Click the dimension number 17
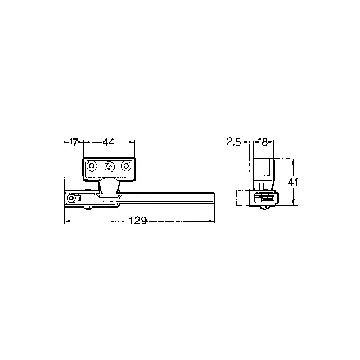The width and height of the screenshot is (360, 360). point(74,142)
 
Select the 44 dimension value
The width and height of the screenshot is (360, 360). point(109,142)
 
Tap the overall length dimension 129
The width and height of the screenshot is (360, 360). point(137,220)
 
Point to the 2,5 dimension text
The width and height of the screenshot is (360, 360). point(233,142)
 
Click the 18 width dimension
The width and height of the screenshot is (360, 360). point(263,142)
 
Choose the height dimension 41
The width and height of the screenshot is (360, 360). point(292,182)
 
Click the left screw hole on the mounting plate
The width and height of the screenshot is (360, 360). point(92,166)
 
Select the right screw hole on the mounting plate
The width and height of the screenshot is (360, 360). point(125,166)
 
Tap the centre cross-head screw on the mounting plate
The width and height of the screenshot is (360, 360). point(109,166)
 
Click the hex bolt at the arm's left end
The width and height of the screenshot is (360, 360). point(71,198)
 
